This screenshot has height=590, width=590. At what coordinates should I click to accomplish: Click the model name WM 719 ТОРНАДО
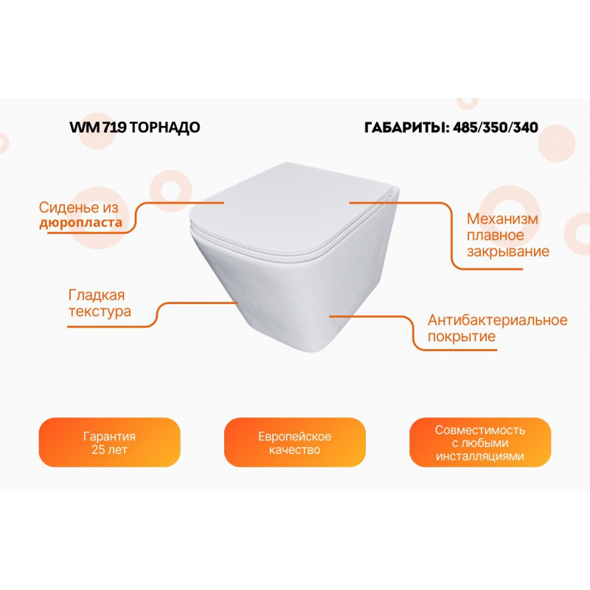[x=134, y=127]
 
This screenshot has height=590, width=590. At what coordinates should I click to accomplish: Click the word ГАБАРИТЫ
[x=406, y=127]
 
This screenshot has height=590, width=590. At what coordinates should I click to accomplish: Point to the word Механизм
[x=502, y=219]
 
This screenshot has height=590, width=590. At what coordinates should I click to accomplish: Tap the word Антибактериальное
[x=498, y=320]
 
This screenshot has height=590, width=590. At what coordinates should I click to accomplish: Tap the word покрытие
[x=461, y=337]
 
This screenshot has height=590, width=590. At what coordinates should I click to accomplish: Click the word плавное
[x=495, y=235]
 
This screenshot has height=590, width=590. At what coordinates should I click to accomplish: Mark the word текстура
[x=100, y=311]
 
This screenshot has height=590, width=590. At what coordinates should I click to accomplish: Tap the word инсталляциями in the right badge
[x=479, y=457]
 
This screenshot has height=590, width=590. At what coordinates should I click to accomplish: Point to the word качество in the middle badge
[x=294, y=450]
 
